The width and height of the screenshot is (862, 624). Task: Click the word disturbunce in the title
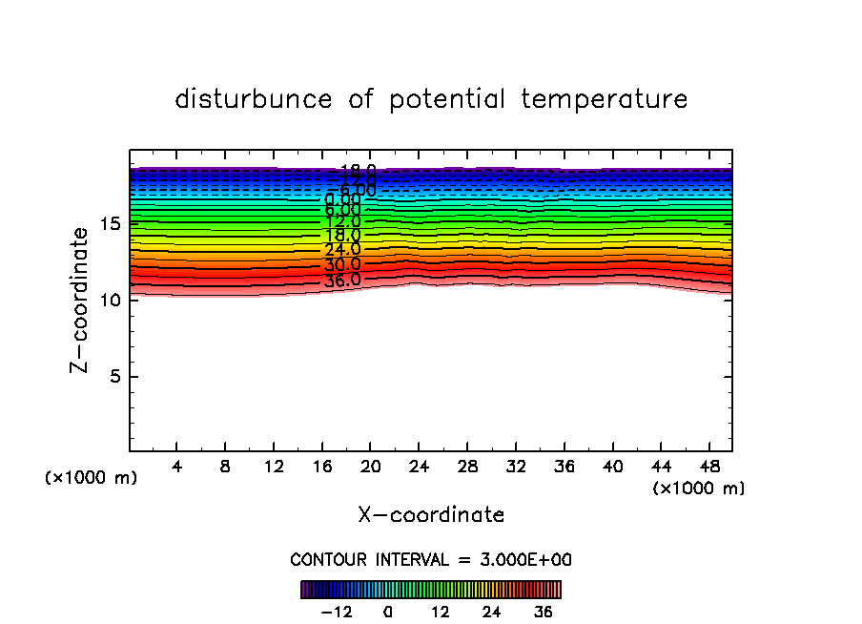coord(254,99)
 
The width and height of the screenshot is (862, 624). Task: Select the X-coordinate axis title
coord(431,515)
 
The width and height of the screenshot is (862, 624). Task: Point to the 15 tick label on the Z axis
coord(108,224)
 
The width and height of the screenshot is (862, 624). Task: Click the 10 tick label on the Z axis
coord(108,300)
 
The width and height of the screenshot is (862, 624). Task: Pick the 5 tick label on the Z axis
coord(113,376)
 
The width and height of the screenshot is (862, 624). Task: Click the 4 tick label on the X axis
coord(176,468)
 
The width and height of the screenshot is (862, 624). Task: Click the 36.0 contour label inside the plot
coord(342,281)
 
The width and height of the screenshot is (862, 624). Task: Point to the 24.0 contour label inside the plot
coord(342,250)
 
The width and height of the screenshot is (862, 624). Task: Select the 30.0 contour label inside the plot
coord(342,265)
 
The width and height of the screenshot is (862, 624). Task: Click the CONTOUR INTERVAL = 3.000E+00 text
coord(431,560)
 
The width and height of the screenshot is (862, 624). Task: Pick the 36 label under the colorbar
coord(544,612)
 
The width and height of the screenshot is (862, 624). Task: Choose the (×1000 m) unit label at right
coord(699,489)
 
